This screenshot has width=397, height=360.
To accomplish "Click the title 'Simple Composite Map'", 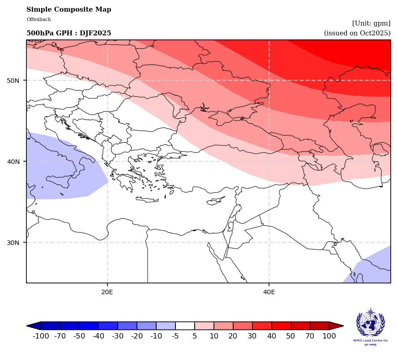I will (68, 10).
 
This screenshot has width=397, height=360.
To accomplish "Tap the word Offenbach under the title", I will (38, 20).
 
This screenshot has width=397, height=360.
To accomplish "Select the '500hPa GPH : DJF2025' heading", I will (68, 34).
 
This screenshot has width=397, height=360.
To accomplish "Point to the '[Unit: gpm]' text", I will (371, 23).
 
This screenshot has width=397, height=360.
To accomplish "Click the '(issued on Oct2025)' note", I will (357, 33).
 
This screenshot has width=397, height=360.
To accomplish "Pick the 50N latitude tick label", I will (13, 81).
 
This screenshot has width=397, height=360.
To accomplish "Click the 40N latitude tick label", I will (13, 162).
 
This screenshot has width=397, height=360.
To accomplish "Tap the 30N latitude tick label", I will (13, 243).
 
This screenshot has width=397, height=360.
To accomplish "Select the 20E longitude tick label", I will (107, 292).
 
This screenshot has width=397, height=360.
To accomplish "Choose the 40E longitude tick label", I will (269, 292).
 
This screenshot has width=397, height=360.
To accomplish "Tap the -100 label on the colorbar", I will (41, 336).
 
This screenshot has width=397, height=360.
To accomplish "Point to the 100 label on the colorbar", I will (329, 336).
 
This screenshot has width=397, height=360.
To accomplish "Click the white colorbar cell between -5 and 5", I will (185, 326).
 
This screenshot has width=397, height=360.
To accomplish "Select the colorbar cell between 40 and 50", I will (281, 326).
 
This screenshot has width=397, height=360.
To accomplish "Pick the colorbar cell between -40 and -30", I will (108, 326).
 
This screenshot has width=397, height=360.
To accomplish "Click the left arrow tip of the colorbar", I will (28, 326).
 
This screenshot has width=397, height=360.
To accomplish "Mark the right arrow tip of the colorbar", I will (342, 326).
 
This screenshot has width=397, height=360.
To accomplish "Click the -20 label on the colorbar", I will (137, 336).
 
